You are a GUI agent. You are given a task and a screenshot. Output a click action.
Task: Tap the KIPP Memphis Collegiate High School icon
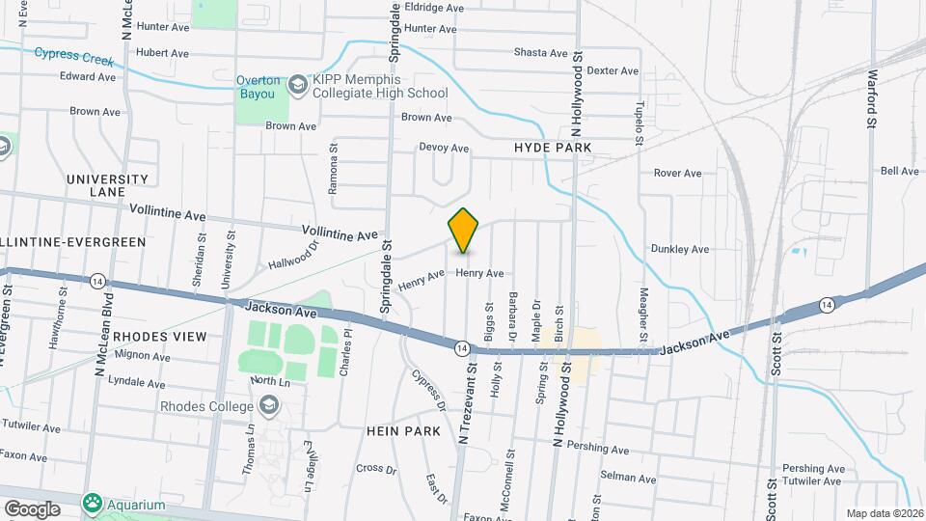tap(297, 85)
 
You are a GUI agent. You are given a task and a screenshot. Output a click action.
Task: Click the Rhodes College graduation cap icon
tap(269, 406)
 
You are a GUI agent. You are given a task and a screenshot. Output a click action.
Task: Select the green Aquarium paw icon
tap(93, 504)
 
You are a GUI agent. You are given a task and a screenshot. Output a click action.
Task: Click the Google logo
tap(32, 508)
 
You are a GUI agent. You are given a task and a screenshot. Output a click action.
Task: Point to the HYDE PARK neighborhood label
tap(552, 148)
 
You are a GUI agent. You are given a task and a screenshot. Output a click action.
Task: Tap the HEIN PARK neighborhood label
tap(403, 430)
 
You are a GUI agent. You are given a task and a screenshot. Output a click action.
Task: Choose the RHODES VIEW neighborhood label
tap(159, 336)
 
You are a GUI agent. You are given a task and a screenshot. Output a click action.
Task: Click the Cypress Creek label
tap(74, 57)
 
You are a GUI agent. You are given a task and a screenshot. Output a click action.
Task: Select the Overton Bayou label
tap(258, 88)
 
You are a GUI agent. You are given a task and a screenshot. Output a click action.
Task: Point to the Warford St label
tap(871, 98)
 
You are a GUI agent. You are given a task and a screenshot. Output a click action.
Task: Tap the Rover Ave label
tap(677, 174)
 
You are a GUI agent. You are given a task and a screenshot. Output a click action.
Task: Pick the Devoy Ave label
tap(443, 149)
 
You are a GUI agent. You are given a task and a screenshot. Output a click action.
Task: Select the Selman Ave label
tap(627, 479)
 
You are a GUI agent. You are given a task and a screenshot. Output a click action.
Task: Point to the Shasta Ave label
tap(540, 52)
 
